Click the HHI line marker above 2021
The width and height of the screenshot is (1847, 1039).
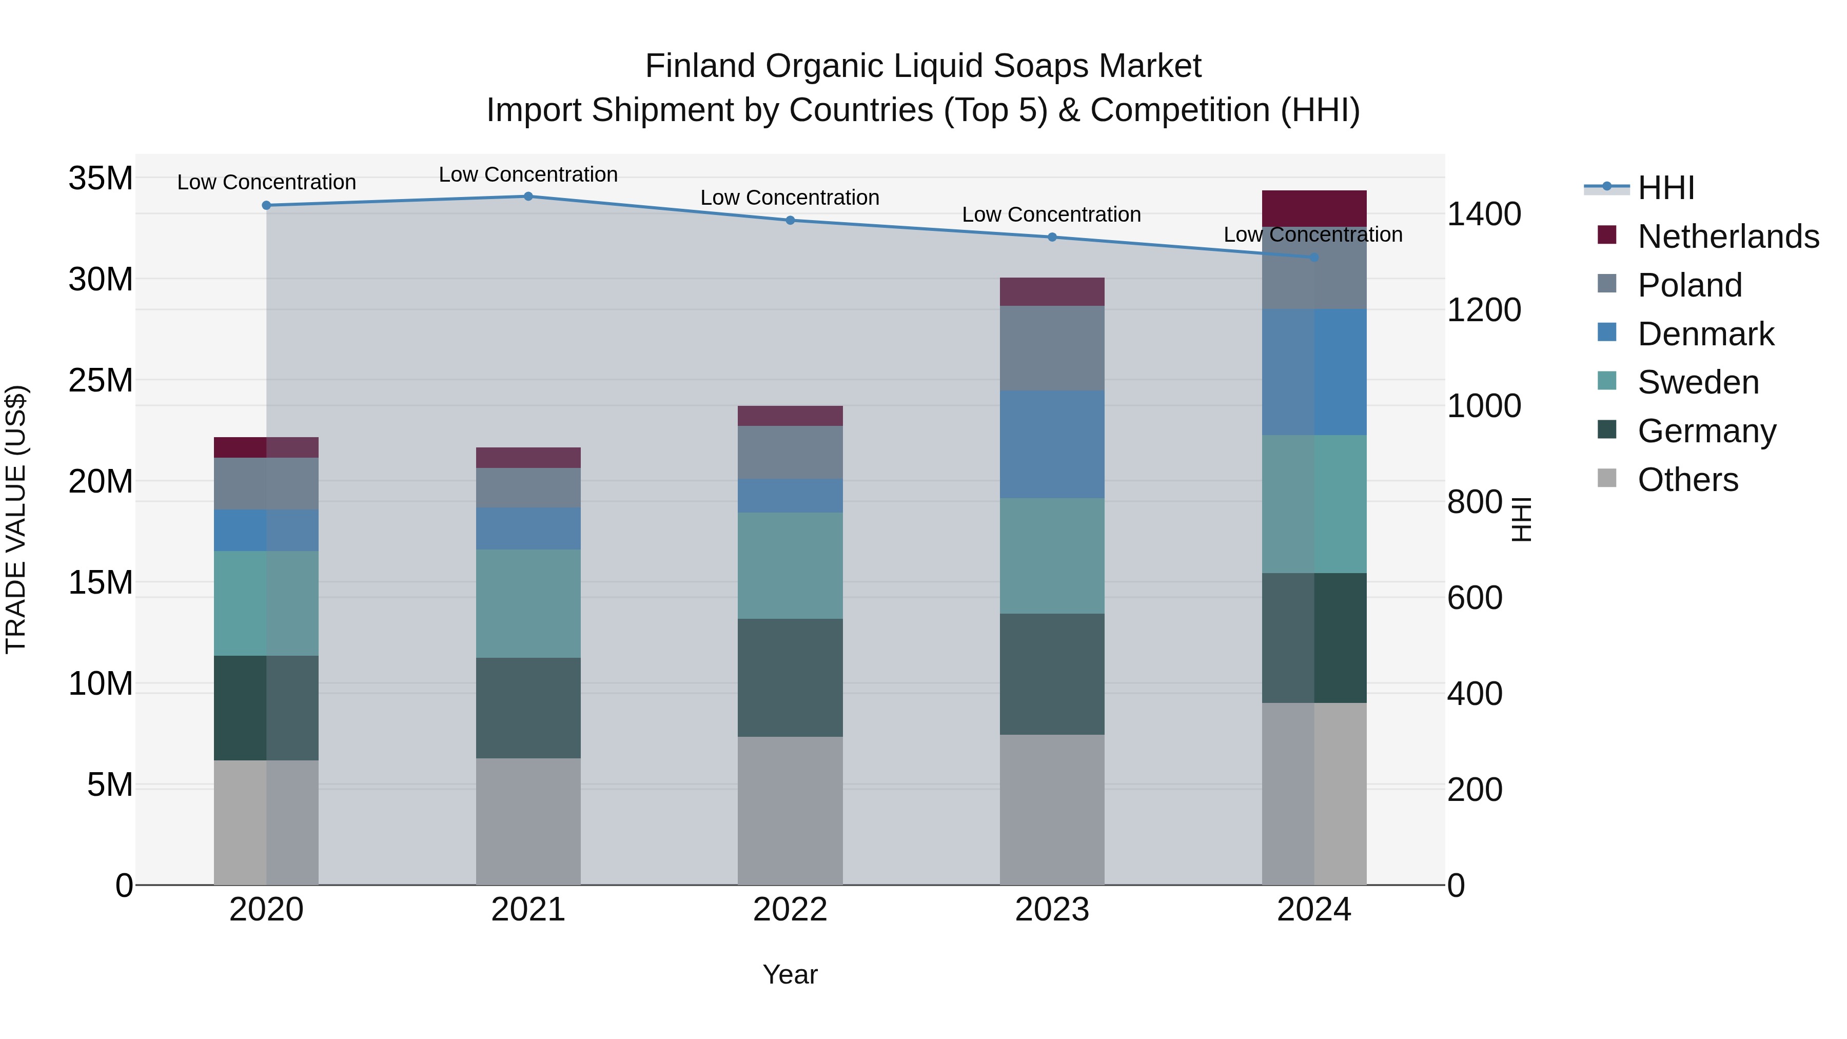(528, 197)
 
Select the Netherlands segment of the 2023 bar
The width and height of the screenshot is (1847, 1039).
(1052, 292)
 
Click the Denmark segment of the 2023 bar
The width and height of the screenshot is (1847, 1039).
(1052, 444)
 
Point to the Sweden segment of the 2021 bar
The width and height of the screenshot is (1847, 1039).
(528, 604)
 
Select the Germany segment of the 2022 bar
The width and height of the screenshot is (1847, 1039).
(790, 678)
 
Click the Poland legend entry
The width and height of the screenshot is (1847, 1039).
(1689, 285)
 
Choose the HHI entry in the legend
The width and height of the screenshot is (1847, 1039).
(1665, 188)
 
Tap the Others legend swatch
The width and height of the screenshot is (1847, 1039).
(1607, 478)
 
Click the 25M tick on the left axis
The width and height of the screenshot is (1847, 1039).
(101, 380)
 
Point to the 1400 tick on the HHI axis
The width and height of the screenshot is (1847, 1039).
(1483, 214)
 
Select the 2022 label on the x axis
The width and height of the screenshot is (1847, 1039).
(790, 910)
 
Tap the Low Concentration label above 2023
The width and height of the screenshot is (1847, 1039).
(1051, 214)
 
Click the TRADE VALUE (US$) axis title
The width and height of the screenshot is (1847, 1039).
(16, 519)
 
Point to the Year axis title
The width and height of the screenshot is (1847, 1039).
(790, 974)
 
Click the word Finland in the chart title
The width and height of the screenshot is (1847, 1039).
(700, 66)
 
